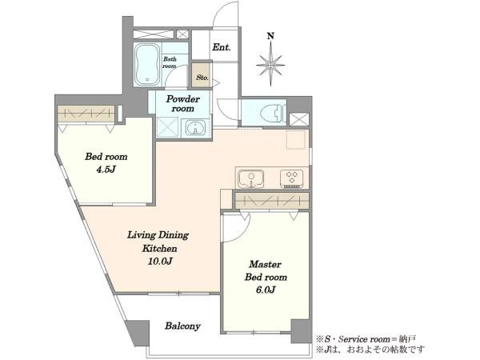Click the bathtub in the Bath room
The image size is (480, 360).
(x=147, y=65)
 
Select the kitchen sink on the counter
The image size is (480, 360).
(x=251, y=178)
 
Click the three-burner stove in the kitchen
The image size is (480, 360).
(x=291, y=178)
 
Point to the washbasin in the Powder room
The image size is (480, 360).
(x=195, y=128)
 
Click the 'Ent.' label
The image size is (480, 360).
(x=222, y=47)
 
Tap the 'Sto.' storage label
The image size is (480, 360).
(x=202, y=78)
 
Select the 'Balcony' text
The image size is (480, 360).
(x=182, y=326)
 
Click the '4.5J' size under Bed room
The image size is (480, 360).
(x=106, y=170)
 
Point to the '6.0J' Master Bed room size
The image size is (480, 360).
(x=266, y=290)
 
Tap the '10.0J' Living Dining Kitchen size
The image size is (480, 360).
(x=160, y=262)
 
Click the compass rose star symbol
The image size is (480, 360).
(x=270, y=65)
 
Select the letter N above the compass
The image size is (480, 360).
(x=270, y=36)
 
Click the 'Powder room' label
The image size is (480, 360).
(x=182, y=104)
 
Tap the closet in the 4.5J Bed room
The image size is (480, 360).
(x=86, y=114)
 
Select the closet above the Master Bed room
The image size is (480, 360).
(x=272, y=201)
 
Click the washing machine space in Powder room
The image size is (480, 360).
(x=167, y=126)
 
